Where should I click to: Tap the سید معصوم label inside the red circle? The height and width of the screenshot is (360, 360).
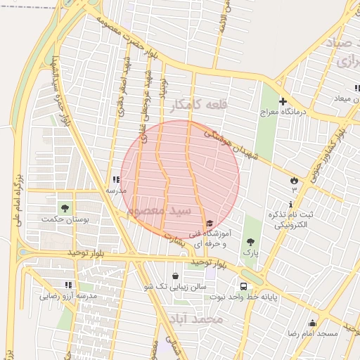point(160,210)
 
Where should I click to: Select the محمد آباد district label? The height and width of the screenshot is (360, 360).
point(195,319)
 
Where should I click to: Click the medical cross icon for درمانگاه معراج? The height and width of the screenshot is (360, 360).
point(283,101)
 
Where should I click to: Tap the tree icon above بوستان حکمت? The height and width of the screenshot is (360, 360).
point(65,208)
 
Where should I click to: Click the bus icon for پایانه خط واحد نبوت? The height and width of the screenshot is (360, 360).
point(243,286)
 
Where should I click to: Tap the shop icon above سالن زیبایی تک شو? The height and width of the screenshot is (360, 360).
point(175,276)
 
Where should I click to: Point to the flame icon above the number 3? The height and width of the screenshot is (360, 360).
point(294,181)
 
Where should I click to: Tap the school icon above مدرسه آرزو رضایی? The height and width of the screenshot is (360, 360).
point(68,285)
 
